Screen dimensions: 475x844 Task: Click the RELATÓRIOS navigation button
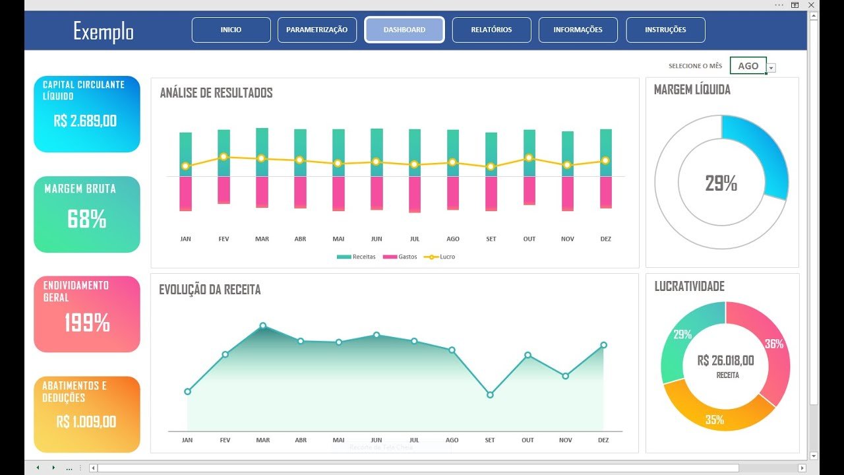click(x=491, y=30)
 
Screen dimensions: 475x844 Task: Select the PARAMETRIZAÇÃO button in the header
click(x=316, y=30)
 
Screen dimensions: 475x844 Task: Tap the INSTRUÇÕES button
click(x=665, y=30)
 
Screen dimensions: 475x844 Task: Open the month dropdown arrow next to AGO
click(x=771, y=67)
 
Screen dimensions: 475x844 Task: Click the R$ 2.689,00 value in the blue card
click(x=85, y=121)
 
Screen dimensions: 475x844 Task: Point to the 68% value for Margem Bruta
click(x=86, y=220)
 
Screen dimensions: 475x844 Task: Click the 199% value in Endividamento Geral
click(x=86, y=323)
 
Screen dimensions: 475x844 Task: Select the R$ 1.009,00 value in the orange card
click(x=86, y=422)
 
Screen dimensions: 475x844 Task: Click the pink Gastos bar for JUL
click(x=415, y=195)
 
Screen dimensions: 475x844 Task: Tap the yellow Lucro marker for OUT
click(x=529, y=158)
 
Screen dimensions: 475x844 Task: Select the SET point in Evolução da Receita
click(x=490, y=395)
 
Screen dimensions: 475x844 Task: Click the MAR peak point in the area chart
click(x=263, y=325)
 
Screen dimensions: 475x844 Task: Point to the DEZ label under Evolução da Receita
click(x=603, y=440)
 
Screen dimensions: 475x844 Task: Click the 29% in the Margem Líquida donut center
click(x=721, y=183)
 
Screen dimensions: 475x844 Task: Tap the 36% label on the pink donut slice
click(x=773, y=344)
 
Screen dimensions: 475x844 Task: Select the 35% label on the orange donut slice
click(x=715, y=420)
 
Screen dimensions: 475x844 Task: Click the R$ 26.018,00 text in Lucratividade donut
click(x=725, y=360)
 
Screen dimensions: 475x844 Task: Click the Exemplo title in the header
click(x=104, y=31)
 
